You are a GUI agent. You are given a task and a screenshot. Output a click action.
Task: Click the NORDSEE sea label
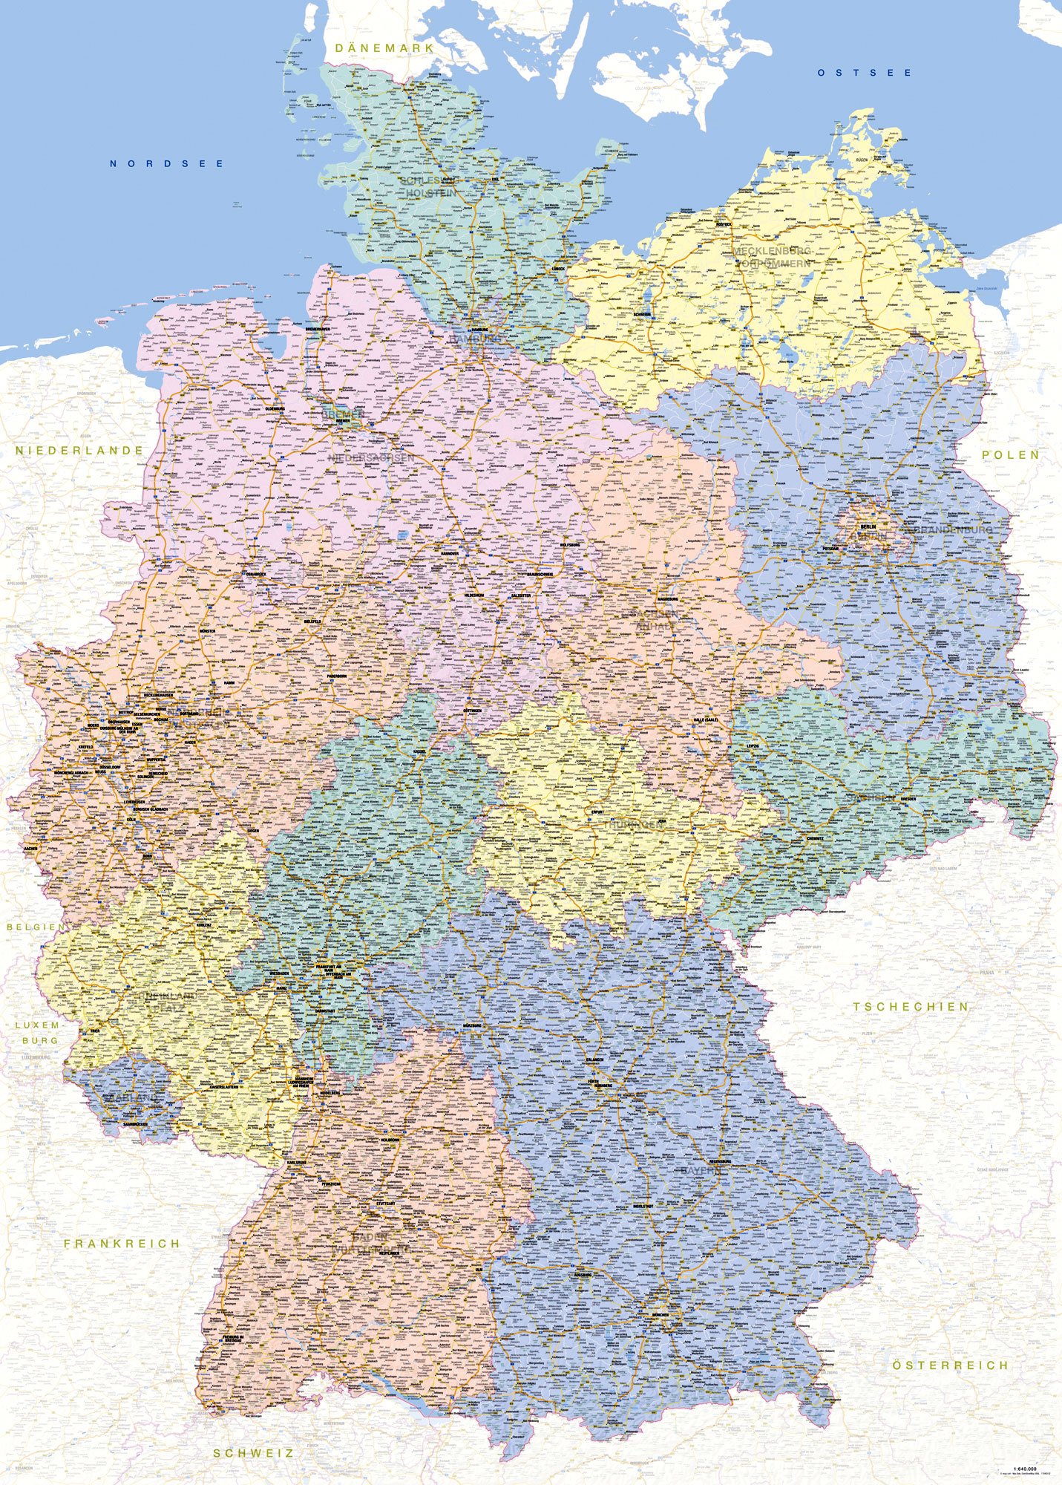(167, 163)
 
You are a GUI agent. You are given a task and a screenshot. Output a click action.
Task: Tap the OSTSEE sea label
(865, 73)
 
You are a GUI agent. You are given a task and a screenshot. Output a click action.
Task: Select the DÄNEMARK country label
(383, 48)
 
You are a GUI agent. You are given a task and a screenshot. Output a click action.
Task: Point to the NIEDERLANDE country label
(79, 450)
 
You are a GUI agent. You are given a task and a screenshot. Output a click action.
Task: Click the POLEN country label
(1010, 454)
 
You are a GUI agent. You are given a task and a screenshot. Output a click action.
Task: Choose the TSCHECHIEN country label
(911, 1006)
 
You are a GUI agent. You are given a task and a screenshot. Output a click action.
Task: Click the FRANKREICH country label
(122, 1243)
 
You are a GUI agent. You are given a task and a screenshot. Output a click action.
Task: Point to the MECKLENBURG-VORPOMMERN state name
(772, 257)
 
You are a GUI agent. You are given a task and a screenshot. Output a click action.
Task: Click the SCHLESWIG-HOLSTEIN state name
(430, 186)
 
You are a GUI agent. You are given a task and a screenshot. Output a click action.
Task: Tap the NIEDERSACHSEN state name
(370, 458)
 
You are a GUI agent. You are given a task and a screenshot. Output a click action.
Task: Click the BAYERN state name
(701, 1170)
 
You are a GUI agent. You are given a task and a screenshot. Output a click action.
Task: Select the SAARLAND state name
(132, 1097)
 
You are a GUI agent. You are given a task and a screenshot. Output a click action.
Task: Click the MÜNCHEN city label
(657, 1314)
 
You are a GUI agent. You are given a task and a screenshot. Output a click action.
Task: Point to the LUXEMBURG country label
(36, 1033)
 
